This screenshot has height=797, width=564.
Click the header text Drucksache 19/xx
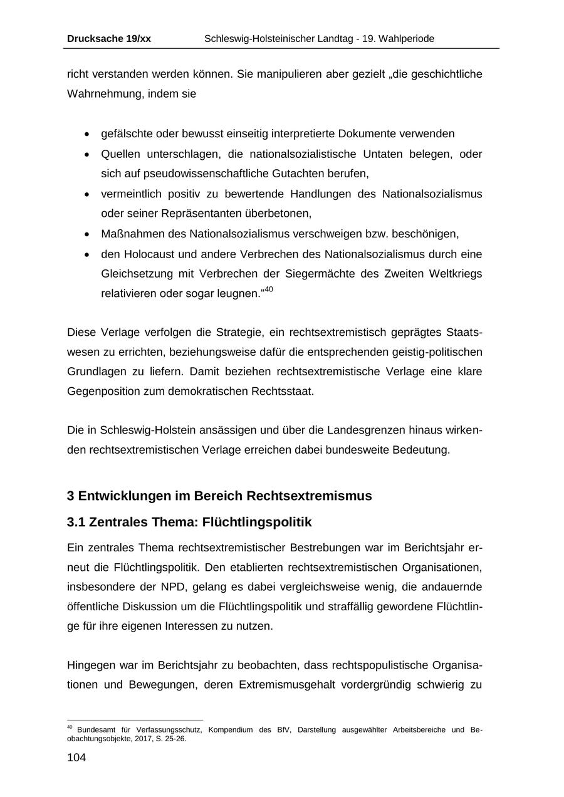tap(108, 39)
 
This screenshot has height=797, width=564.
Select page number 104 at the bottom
tap(76, 758)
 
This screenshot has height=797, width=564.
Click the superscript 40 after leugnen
tap(269, 289)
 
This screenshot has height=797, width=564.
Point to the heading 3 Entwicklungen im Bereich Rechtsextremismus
tap(219, 496)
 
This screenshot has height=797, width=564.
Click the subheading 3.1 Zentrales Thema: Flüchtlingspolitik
tap(189, 522)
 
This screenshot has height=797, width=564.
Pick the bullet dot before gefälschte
tap(86, 134)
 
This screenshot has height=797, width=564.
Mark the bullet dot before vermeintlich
tap(86, 194)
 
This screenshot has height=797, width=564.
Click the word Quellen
tap(121, 154)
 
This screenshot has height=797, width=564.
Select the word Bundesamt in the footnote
tap(95, 730)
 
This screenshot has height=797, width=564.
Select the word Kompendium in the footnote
tap(231, 730)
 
